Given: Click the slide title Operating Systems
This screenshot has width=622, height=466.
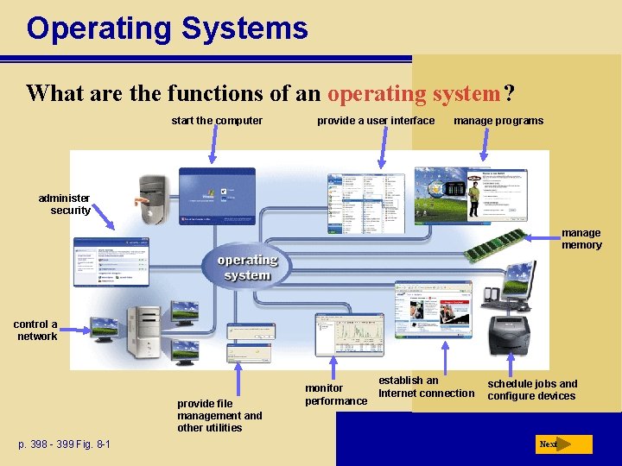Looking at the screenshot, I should (167, 28).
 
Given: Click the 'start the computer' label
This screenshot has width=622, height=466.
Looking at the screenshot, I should (217, 121).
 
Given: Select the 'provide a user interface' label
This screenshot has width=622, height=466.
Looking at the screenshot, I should (376, 121).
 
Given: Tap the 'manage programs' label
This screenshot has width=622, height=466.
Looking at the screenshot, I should (498, 121).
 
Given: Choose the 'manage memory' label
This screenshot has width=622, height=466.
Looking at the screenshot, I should (581, 239).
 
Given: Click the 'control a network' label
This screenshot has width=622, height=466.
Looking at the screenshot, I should (36, 331).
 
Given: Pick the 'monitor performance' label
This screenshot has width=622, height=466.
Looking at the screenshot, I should (335, 394).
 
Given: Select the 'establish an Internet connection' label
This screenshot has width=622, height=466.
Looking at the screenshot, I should (426, 387).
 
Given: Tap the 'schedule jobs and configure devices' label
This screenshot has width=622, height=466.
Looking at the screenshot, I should (531, 390).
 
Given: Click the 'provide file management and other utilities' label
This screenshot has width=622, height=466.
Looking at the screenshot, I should (219, 415).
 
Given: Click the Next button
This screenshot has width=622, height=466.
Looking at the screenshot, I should (563, 444).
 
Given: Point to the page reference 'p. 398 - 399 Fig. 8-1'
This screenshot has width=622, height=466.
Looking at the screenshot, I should (65, 444).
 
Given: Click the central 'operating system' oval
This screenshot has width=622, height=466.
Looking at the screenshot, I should (247, 268).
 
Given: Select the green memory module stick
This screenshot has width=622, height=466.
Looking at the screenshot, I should (495, 245).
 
